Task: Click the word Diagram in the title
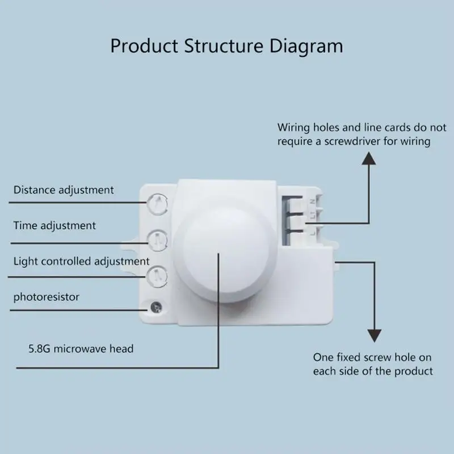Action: (306, 47)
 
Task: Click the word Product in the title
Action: (144, 46)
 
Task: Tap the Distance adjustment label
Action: (64, 190)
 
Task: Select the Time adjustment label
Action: (54, 226)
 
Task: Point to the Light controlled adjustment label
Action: (81, 262)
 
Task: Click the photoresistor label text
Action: (47, 297)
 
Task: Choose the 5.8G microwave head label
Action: (81, 348)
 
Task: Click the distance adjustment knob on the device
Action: (157, 204)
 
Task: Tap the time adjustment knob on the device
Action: (158, 241)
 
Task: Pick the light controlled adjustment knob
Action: (157, 276)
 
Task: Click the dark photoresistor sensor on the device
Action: (157, 307)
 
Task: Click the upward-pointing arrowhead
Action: (369, 158)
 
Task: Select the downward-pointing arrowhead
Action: (375, 336)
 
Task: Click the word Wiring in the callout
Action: (293, 128)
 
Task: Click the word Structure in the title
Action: (224, 46)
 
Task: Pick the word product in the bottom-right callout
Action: (414, 372)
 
